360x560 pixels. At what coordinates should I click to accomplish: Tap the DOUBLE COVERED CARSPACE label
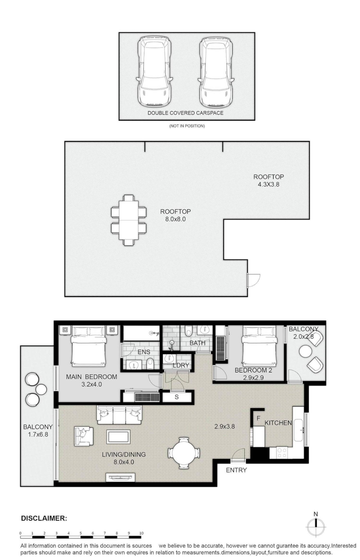pos(185,113)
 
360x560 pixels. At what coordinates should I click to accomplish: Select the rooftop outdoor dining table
pos(129,220)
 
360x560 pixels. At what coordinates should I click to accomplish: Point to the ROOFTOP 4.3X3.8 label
pos(269,180)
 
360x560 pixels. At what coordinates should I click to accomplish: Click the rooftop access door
pos(253,280)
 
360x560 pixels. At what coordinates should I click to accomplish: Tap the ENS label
pos(144,352)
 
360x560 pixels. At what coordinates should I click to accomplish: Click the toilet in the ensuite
pos(150,363)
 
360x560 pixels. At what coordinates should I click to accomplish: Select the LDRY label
pos(180,365)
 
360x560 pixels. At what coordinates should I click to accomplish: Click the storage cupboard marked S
pos(177,397)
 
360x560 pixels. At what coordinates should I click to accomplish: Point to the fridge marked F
pos(258,418)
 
